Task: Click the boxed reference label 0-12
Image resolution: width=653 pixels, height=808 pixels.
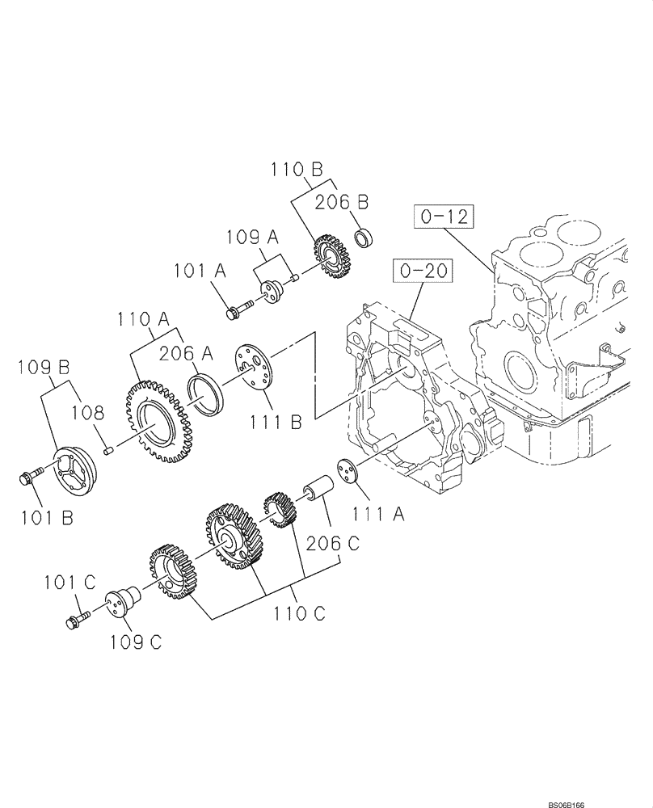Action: [x=443, y=217]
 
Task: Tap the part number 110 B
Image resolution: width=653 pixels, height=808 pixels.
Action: [x=297, y=170]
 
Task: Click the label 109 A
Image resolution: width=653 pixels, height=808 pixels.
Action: [x=251, y=238]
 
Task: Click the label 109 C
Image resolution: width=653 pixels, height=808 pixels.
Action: [x=135, y=642]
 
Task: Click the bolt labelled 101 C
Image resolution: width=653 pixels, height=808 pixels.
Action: [x=74, y=621]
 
